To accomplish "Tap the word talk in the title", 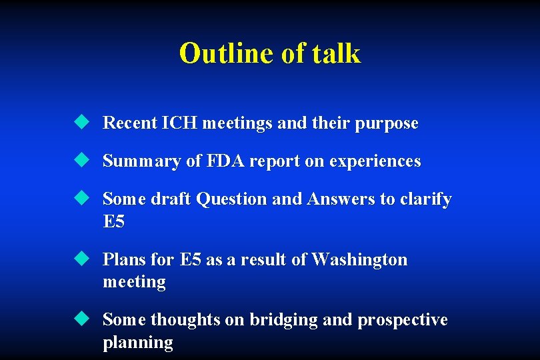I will click(x=337, y=53).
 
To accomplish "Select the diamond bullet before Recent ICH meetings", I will click(x=81, y=122).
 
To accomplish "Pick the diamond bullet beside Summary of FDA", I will click(x=81, y=160).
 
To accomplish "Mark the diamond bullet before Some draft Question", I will click(x=81, y=198).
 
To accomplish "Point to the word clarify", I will click(x=426, y=199).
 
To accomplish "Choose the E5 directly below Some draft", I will click(x=114, y=222).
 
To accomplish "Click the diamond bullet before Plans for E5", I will click(x=81, y=259).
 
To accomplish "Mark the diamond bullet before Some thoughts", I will click(x=81, y=319).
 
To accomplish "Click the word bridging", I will click(x=284, y=321).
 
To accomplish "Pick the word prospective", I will click(x=403, y=321).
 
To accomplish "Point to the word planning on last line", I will click(x=137, y=343).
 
